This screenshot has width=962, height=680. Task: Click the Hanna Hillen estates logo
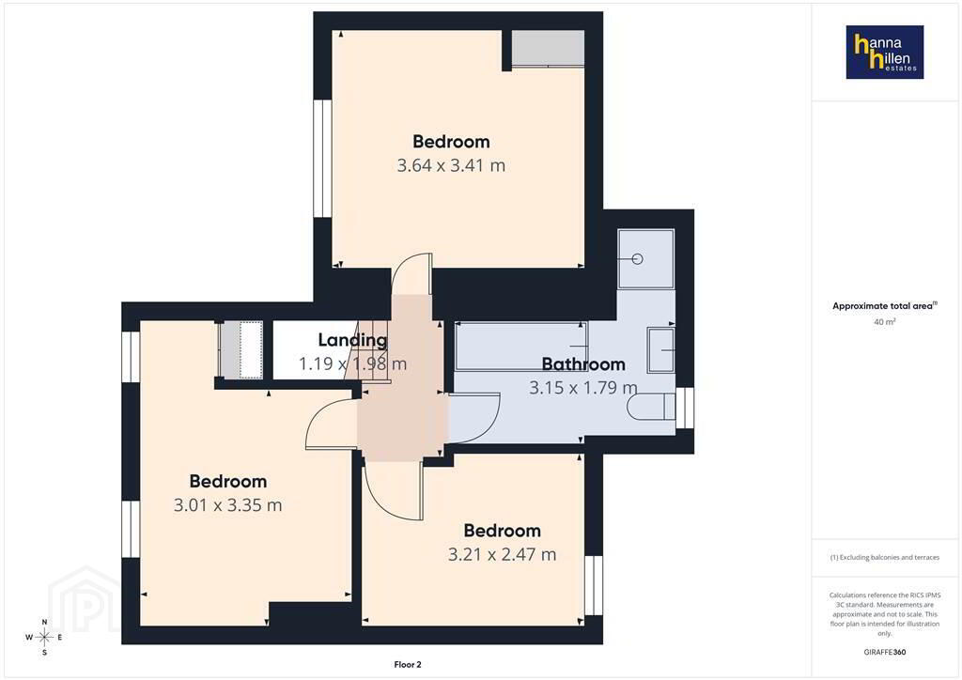(x=885, y=52)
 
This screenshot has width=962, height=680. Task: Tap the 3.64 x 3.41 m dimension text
(x=451, y=165)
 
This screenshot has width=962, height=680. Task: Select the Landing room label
(x=353, y=340)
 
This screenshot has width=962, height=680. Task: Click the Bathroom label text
(x=583, y=364)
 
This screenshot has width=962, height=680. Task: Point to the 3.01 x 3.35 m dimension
(x=227, y=505)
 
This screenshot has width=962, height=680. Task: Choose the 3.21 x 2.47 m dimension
(x=502, y=554)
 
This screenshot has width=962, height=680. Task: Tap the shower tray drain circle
(x=638, y=258)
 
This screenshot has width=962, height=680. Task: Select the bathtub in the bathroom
(x=520, y=347)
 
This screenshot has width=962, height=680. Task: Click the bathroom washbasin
(x=660, y=349)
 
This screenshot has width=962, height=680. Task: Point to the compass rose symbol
(x=44, y=638)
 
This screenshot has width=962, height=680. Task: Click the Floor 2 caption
(x=408, y=665)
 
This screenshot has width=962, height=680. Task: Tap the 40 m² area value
(x=885, y=321)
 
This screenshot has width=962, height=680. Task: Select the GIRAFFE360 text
(x=885, y=652)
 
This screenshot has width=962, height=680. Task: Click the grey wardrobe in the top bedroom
(x=548, y=48)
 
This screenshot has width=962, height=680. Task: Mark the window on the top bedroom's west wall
(x=323, y=158)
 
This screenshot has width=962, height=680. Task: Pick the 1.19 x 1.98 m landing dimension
(x=353, y=363)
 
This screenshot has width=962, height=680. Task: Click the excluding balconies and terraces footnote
(x=885, y=557)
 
